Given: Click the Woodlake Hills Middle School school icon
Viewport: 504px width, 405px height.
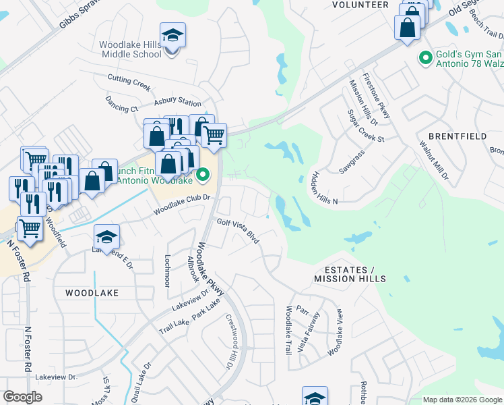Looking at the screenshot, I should click(172, 36).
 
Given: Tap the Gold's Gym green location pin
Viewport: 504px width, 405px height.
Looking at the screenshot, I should click(425, 59).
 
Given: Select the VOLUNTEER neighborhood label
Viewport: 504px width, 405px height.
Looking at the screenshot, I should click(360, 5).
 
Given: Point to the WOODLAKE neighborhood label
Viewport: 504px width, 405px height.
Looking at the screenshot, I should click(92, 293).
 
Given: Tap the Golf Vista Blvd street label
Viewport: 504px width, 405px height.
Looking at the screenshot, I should click(238, 230).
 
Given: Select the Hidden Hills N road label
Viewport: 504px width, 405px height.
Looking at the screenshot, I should click(324, 188).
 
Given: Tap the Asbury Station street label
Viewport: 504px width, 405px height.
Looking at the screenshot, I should click(178, 103).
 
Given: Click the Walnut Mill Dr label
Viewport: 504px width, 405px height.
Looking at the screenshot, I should click(433, 160).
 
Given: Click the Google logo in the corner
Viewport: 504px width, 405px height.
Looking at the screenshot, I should click(23, 397).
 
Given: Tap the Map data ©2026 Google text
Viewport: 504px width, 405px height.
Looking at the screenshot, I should click(462, 400).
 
